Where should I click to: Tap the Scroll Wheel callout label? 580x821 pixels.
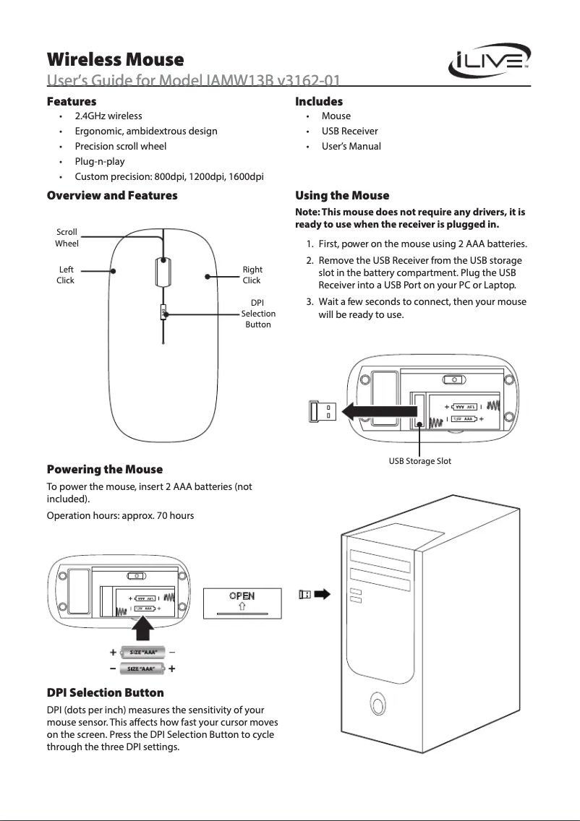coord(67,238)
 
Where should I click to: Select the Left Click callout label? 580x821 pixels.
coord(65,275)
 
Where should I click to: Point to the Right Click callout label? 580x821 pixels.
coord(252,275)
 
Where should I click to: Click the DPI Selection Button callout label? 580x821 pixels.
coord(257,314)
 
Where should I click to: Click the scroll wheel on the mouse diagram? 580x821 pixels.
coord(163,272)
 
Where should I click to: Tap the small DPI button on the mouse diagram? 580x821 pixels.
coord(163,312)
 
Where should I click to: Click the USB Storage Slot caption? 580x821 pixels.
coord(419,461)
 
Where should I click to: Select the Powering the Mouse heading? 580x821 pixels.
coord(104,470)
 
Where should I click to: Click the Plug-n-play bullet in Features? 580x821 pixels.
coord(100,161)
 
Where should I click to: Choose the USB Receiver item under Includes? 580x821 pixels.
coord(349,131)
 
